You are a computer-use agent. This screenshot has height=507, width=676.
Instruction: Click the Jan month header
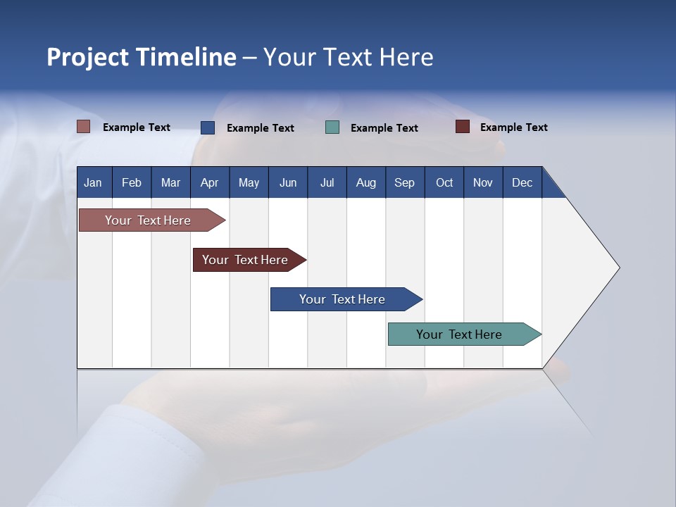[x=94, y=182]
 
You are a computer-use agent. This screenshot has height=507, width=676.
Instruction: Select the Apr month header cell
[x=209, y=182]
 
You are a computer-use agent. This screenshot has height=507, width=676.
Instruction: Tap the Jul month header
[x=327, y=182]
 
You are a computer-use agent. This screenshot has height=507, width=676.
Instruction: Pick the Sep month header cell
[x=404, y=182]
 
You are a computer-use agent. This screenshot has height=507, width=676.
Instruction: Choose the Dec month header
[x=522, y=182]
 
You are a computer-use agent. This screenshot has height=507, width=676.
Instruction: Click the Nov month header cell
[x=482, y=182]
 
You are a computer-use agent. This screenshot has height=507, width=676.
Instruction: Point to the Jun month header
[x=287, y=182]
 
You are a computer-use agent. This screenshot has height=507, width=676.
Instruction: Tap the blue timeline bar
[x=343, y=299]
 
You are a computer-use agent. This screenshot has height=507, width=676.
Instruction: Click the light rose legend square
[x=83, y=127]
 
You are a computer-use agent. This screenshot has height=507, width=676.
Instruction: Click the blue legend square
[x=207, y=127]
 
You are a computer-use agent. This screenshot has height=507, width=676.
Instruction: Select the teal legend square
[x=332, y=127]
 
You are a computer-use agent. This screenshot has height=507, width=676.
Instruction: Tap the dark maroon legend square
[x=462, y=127]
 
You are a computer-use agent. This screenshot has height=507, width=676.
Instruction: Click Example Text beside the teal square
[x=384, y=128]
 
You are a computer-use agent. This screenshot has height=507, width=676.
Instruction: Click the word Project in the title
[x=88, y=57]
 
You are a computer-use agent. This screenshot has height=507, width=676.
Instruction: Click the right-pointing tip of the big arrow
[x=618, y=268]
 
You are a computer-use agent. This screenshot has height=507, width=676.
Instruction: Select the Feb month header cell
[x=132, y=182]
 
